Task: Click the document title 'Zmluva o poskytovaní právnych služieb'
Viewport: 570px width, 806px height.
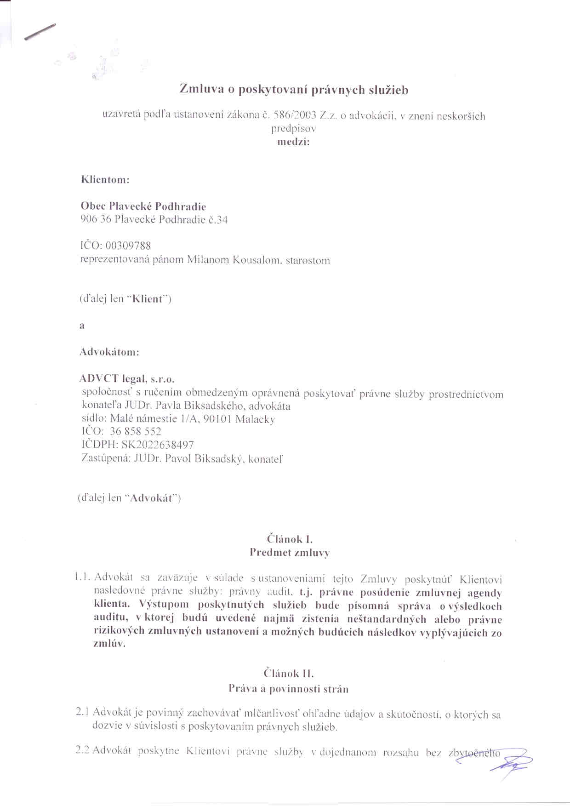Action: [294, 90]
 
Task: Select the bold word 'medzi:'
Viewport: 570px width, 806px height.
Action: [293, 142]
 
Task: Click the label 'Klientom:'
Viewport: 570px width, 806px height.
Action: [105, 180]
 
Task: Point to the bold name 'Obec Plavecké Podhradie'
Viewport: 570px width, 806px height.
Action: [143, 206]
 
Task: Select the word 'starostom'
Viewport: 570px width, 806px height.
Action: [308, 261]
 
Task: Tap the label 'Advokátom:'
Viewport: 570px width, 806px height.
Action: [109, 353]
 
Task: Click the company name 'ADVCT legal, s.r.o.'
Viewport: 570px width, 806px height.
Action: [127, 379]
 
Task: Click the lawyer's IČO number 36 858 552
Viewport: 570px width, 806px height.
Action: [136, 432]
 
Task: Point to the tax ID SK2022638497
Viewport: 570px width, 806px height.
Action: [157, 445]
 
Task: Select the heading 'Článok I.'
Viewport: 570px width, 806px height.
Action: [290, 539]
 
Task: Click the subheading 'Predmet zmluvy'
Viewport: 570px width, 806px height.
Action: [290, 553]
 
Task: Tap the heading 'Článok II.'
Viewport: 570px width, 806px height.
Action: [289, 674]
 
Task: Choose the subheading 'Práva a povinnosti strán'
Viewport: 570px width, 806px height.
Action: [289, 689]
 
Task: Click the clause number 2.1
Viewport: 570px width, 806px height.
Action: [83, 712]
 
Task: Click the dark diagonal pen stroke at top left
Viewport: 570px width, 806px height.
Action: [40, 32]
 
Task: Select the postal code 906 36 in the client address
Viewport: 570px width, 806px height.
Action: [96, 220]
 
